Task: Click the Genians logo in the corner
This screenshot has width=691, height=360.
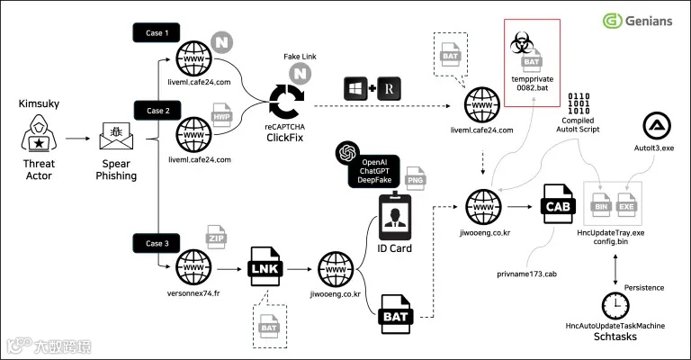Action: (x=637, y=21)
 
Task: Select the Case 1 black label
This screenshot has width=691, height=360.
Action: (x=157, y=32)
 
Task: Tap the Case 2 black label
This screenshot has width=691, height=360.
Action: (x=157, y=111)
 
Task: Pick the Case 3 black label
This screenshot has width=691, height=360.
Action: (x=157, y=243)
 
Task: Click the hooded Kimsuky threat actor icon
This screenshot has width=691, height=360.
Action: (x=39, y=133)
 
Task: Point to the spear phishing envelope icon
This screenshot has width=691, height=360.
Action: (x=116, y=136)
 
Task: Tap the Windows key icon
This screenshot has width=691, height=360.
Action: (x=355, y=88)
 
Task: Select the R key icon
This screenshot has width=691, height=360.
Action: (x=389, y=88)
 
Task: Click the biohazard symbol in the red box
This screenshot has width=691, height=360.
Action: (x=522, y=43)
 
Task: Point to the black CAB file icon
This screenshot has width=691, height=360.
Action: (x=558, y=203)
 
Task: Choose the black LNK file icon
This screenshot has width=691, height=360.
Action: (x=265, y=266)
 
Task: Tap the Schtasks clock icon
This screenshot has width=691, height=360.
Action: (x=615, y=306)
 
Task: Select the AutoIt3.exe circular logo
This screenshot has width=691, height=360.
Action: (x=657, y=126)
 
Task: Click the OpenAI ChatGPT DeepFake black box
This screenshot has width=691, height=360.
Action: (x=373, y=171)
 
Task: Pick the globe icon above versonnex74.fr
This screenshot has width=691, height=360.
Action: (x=193, y=267)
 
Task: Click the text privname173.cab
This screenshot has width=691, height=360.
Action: (x=526, y=274)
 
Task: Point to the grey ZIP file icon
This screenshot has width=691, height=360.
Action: (x=216, y=237)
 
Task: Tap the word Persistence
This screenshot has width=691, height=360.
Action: (x=644, y=288)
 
